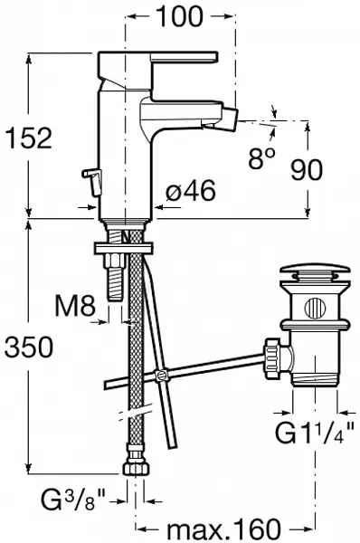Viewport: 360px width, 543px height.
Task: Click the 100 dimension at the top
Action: coord(180,16)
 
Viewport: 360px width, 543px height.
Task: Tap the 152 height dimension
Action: coord(29,138)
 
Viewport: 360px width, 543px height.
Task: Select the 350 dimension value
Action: coord(29,347)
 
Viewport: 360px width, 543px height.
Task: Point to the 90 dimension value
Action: coord(307,170)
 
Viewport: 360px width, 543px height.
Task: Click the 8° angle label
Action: coord(262,157)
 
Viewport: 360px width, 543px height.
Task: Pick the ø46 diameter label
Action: coord(190,190)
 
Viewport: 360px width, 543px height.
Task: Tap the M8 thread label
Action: coord(75,305)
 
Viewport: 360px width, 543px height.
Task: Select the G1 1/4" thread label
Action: coord(314,432)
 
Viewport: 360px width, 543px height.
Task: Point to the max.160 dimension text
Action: coord(223,529)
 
